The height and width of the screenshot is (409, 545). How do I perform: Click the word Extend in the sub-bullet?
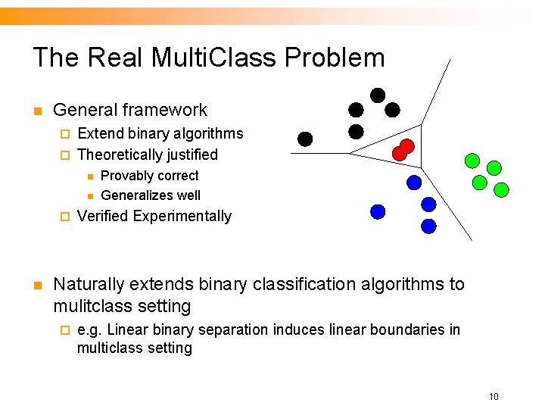click(x=99, y=133)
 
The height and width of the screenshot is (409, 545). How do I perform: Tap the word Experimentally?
click(x=182, y=216)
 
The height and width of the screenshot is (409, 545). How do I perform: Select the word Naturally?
click(x=88, y=284)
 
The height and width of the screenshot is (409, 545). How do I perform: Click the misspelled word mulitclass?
click(x=87, y=306)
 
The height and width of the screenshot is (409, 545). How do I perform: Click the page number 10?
click(x=493, y=396)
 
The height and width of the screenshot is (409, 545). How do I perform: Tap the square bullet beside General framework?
click(x=36, y=111)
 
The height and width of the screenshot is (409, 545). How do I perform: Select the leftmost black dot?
click(x=305, y=139)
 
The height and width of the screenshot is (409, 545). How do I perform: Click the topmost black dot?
click(x=377, y=95)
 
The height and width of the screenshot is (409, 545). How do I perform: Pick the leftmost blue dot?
click(x=378, y=211)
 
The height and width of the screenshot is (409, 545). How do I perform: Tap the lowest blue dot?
click(x=428, y=225)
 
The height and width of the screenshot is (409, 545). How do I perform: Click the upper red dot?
click(x=406, y=145)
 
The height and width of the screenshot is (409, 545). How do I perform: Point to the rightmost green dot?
click(x=500, y=189)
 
